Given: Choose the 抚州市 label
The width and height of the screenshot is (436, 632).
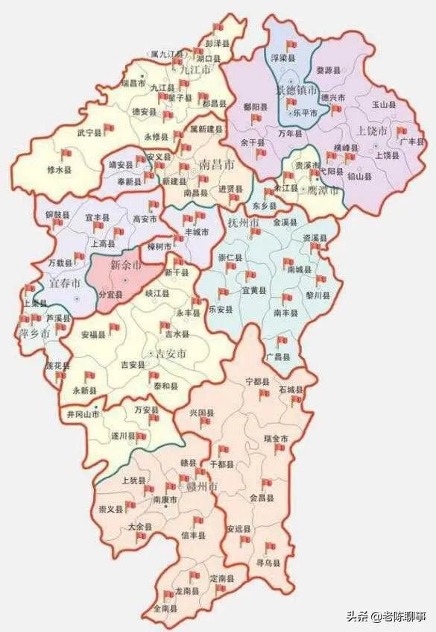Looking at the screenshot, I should pyautogui.click(x=242, y=223).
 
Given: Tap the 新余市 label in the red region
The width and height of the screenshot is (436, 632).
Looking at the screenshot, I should pyautogui.click(x=125, y=265).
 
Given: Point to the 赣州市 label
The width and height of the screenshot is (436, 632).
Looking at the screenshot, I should pyautogui.click(x=203, y=486).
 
